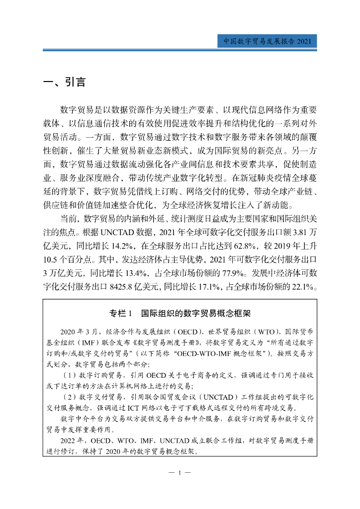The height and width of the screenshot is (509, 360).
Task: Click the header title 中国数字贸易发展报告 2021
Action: coord(267,42)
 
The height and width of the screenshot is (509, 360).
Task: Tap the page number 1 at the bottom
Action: coord(180,472)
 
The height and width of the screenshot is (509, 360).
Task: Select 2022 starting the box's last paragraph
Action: coord(70,441)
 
